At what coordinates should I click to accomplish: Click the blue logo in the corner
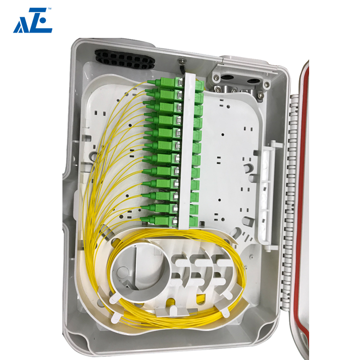pyautogui.click(x=33, y=21)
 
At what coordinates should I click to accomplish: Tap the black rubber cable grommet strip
pyautogui.click(x=124, y=59)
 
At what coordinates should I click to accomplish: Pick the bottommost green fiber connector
pyautogui.click(x=159, y=220)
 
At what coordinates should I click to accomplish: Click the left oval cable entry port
pyautogui.click(x=227, y=77)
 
